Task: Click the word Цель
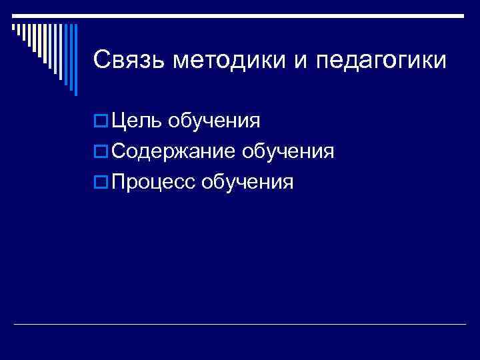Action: click(x=137, y=121)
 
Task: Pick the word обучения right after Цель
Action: click(x=213, y=123)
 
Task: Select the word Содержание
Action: click(x=173, y=151)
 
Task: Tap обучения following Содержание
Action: click(x=288, y=153)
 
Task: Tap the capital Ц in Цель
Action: click(x=121, y=122)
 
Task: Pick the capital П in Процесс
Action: click(x=121, y=181)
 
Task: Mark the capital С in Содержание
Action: click(x=121, y=151)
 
